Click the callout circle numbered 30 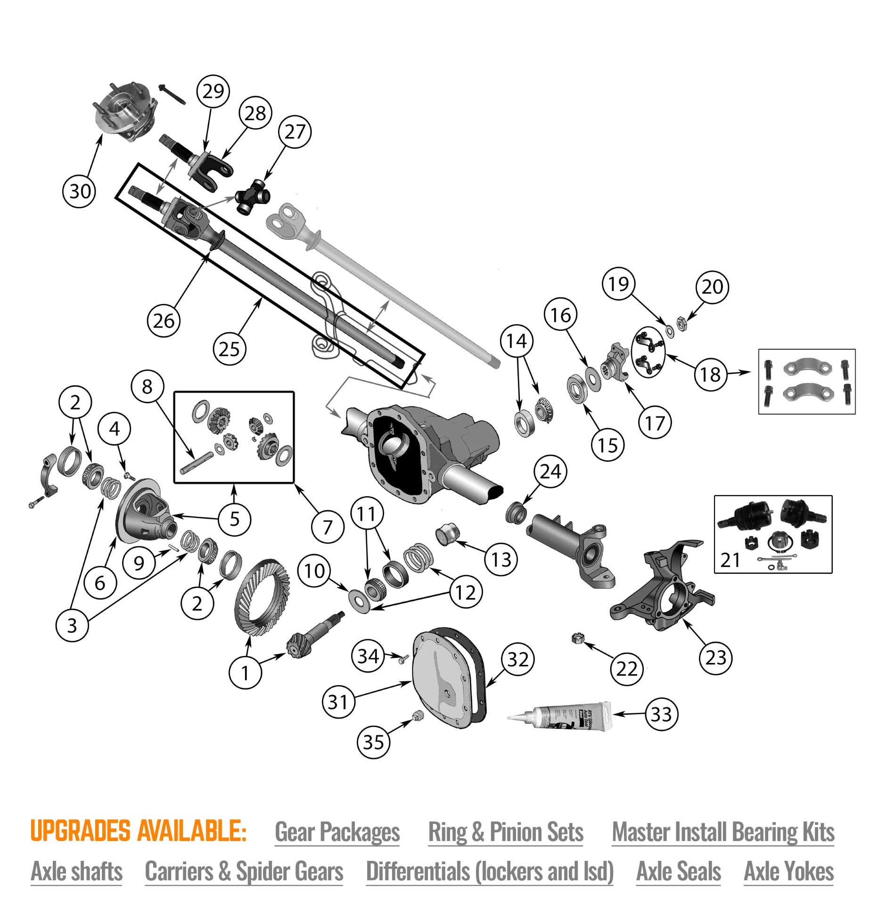tap(80, 191)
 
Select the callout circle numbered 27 tap(295, 131)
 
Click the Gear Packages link tap(337, 832)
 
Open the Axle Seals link tap(678, 871)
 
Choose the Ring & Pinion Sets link tap(505, 832)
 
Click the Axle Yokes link tap(788, 871)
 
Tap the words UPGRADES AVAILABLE tap(138, 831)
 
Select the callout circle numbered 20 tap(712, 286)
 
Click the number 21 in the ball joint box tap(730, 560)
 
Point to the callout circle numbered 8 tap(147, 386)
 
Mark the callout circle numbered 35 tap(373, 743)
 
